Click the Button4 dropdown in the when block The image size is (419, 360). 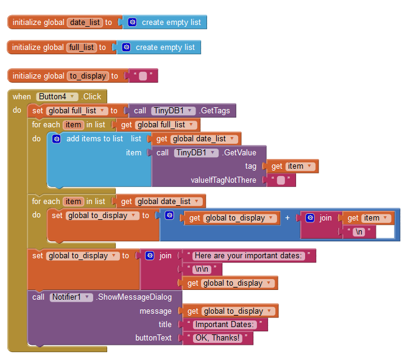click(x=57, y=96)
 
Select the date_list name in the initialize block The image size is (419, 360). click(x=85, y=23)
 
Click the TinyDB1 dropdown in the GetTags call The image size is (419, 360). click(x=173, y=111)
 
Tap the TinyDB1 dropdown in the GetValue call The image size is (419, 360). click(x=195, y=153)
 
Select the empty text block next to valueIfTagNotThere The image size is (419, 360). click(x=281, y=180)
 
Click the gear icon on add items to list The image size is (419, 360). click(x=57, y=139)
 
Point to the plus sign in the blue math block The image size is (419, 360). click(x=287, y=217)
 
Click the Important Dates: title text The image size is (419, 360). click(x=227, y=325)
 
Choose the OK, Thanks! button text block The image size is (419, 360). click(x=217, y=338)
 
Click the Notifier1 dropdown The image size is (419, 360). click(x=71, y=297)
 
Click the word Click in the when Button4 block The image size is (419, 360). click(x=92, y=96)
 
